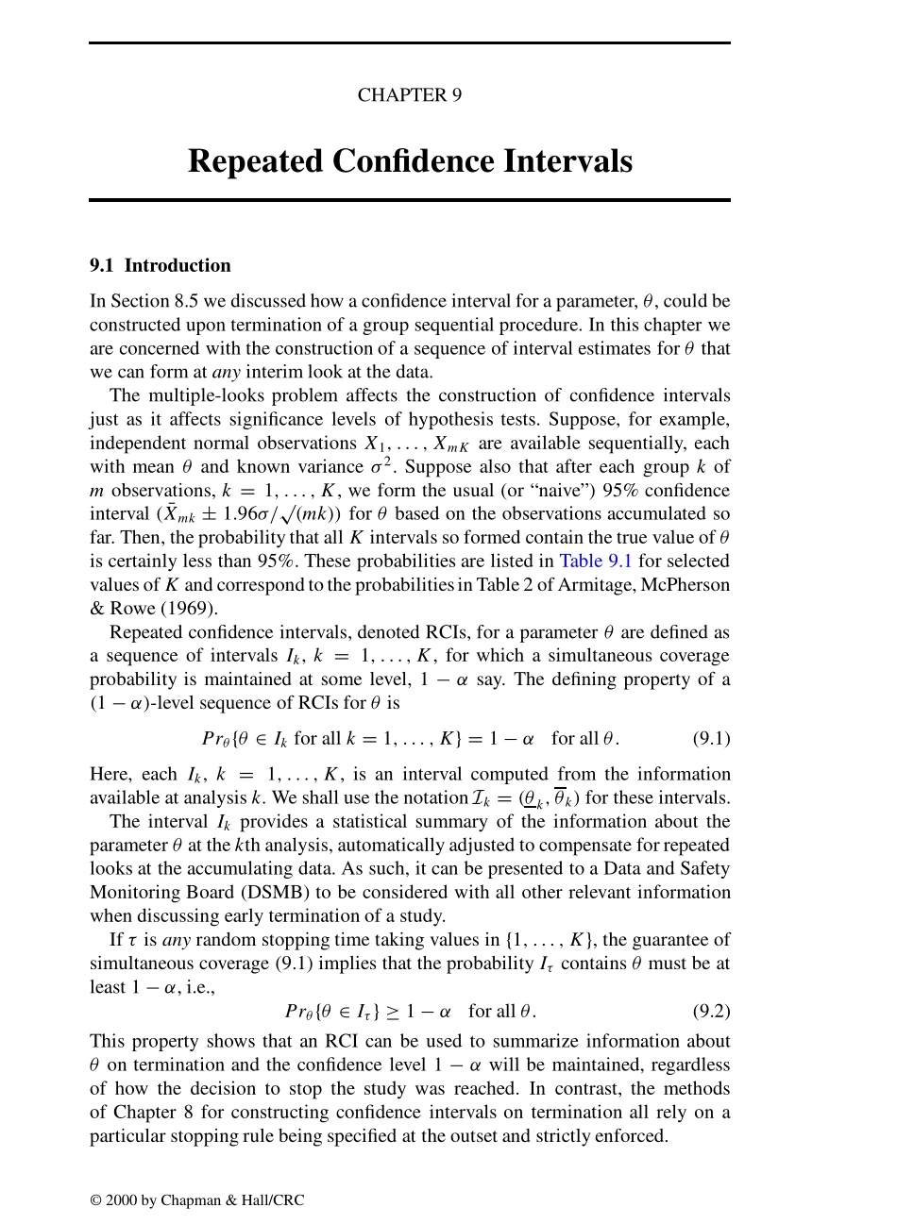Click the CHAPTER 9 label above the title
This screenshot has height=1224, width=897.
pos(409,95)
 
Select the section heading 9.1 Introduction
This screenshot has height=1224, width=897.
pos(161,265)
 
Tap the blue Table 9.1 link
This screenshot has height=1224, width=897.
pos(596,561)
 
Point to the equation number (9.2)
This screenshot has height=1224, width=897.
pos(711,1011)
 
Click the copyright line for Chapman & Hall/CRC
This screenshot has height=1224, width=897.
pos(197,1200)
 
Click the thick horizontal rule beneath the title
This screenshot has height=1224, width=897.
pos(410,200)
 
